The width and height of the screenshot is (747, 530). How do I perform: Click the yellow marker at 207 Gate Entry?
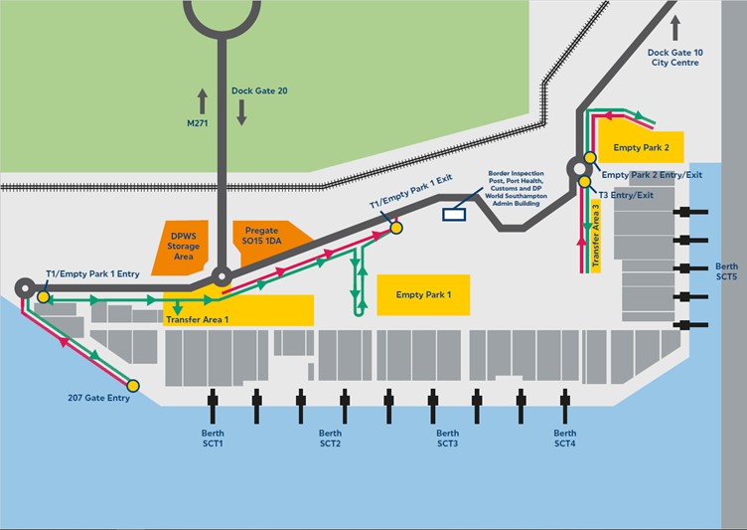(133, 385)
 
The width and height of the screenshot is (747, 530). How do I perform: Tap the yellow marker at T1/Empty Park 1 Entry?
(44, 296)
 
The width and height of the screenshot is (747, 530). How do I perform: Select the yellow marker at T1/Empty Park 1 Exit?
(396, 228)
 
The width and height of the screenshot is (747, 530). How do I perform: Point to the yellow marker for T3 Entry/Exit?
(584, 181)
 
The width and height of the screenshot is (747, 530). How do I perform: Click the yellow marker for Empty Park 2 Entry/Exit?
(590, 157)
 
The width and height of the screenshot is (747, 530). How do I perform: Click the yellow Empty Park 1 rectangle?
(423, 295)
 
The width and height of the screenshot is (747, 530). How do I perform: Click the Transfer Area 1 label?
(197, 319)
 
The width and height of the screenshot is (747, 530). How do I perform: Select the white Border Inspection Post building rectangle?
(458, 211)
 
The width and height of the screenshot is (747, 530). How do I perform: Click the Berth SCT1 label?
(214, 439)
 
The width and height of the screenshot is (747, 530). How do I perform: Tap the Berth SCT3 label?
(448, 439)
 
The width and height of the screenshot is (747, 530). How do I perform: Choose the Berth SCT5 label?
(727, 271)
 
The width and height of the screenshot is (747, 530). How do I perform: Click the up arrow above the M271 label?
(202, 99)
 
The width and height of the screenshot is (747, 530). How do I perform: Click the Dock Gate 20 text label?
(259, 90)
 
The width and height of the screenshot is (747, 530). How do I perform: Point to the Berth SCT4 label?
(564, 439)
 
